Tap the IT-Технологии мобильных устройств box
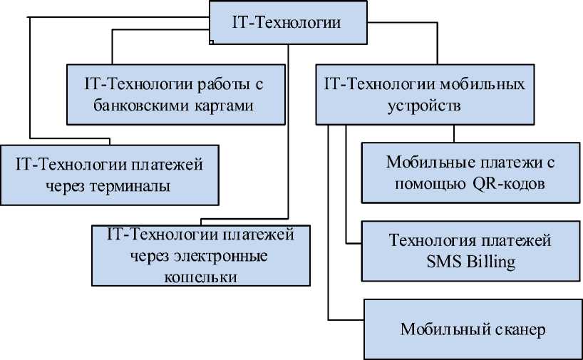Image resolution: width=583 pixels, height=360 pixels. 425,95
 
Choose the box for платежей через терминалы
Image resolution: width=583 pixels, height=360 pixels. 109,175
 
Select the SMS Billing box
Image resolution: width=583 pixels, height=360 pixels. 470,250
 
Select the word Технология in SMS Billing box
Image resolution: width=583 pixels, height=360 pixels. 430,240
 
